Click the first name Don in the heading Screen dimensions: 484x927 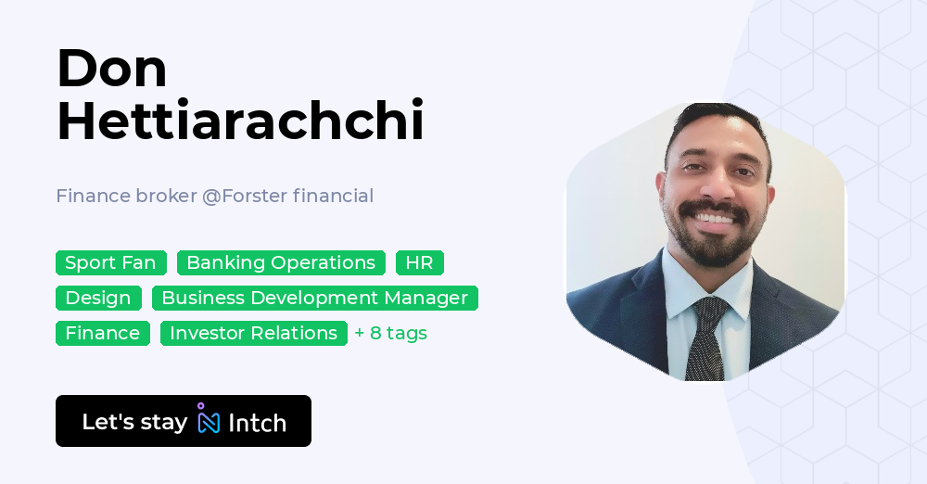pyautogui.click(x=111, y=69)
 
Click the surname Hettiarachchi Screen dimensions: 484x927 pyautogui.click(x=240, y=121)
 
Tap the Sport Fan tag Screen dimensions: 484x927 pyautogui.click(x=110, y=262)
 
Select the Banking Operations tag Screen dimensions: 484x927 pyautogui.click(x=281, y=262)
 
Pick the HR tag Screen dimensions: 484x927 pyautogui.click(x=419, y=262)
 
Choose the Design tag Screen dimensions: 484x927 pyautogui.click(x=98, y=298)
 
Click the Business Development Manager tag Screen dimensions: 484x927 pyautogui.click(x=314, y=298)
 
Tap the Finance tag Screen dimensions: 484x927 pyautogui.click(x=102, y=333)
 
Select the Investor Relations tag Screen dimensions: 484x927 pyautogui.click(x=253, y=333)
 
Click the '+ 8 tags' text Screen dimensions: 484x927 pyautogui.click(x=390, y=333)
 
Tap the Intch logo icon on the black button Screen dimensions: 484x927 pyautogui.click(x=208, y=420)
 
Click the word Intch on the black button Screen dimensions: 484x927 pyautogui.click(x=257, y=423)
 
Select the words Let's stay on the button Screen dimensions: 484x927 pyautogui.click(x=134, y=422)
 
